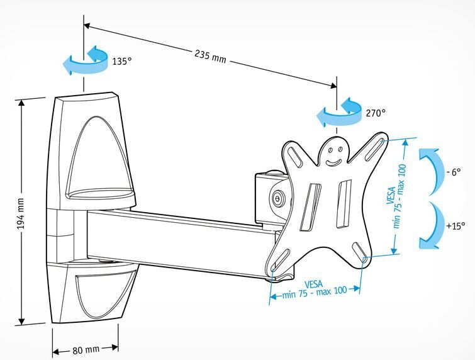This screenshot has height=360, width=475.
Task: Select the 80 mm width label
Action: [x=85, y=349]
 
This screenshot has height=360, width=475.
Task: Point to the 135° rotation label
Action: [x=121, y=62]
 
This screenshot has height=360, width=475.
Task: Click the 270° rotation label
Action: [x=376, y=113]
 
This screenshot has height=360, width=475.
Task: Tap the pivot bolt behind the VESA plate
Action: [x=277, y=198]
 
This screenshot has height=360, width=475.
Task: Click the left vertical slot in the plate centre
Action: [x=311, y=207]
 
